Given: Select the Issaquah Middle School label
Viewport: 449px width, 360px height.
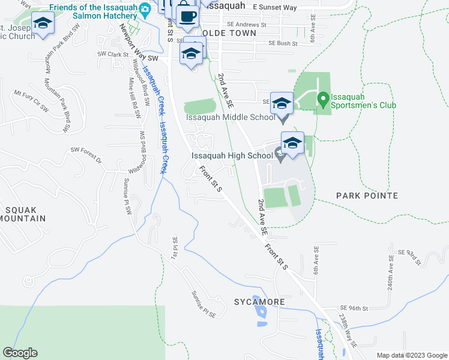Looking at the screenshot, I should pos(230,118).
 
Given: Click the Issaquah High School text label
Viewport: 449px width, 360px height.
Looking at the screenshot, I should pos(232,156).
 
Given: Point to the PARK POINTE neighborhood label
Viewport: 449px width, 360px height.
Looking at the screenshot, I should pos(367,196).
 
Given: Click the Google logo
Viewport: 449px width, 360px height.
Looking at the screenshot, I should pos(20,353).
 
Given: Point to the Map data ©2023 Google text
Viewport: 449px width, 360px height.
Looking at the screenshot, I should pos(411,355).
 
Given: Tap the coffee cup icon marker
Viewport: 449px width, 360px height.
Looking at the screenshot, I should pos(188,16).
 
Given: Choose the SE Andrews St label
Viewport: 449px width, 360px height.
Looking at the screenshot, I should pos(249,25).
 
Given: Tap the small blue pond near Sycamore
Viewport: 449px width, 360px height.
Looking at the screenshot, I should pos(260,312).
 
